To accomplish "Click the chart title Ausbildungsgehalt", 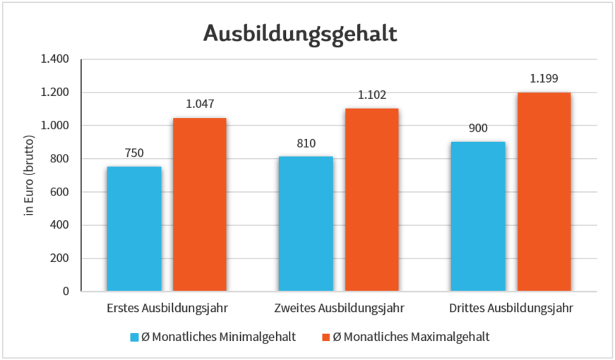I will pyautogui.click(x=300, y=32).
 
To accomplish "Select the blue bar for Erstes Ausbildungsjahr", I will pyautogui.click(x=134, y=229).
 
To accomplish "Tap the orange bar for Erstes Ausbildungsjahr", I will pyautogui.click(x=200, y=205).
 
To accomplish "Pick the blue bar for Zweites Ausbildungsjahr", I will pyautogui.click(x=306, y=224).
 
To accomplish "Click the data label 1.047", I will pyautogui.click(x=200, y=104).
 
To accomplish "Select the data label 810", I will pyautogui.click(x=306, y=144).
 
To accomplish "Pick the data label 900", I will pyautogui.click(x=478, y=129).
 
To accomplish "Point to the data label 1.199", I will pyautogui.click(x=544, y=79).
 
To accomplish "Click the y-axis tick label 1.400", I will pyautogui.click(x=54, y=59).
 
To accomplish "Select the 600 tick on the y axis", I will pyautogui.click(x=59, y=192).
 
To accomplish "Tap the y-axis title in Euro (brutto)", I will pyautogui.click(x=29, y=175).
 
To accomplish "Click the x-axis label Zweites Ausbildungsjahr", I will pyautogui.click(x=338, y=308).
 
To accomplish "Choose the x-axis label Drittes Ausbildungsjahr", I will pyautogui.click(x=510, y=308).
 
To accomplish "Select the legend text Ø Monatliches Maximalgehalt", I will pyautogui.click(x=410, y=337).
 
